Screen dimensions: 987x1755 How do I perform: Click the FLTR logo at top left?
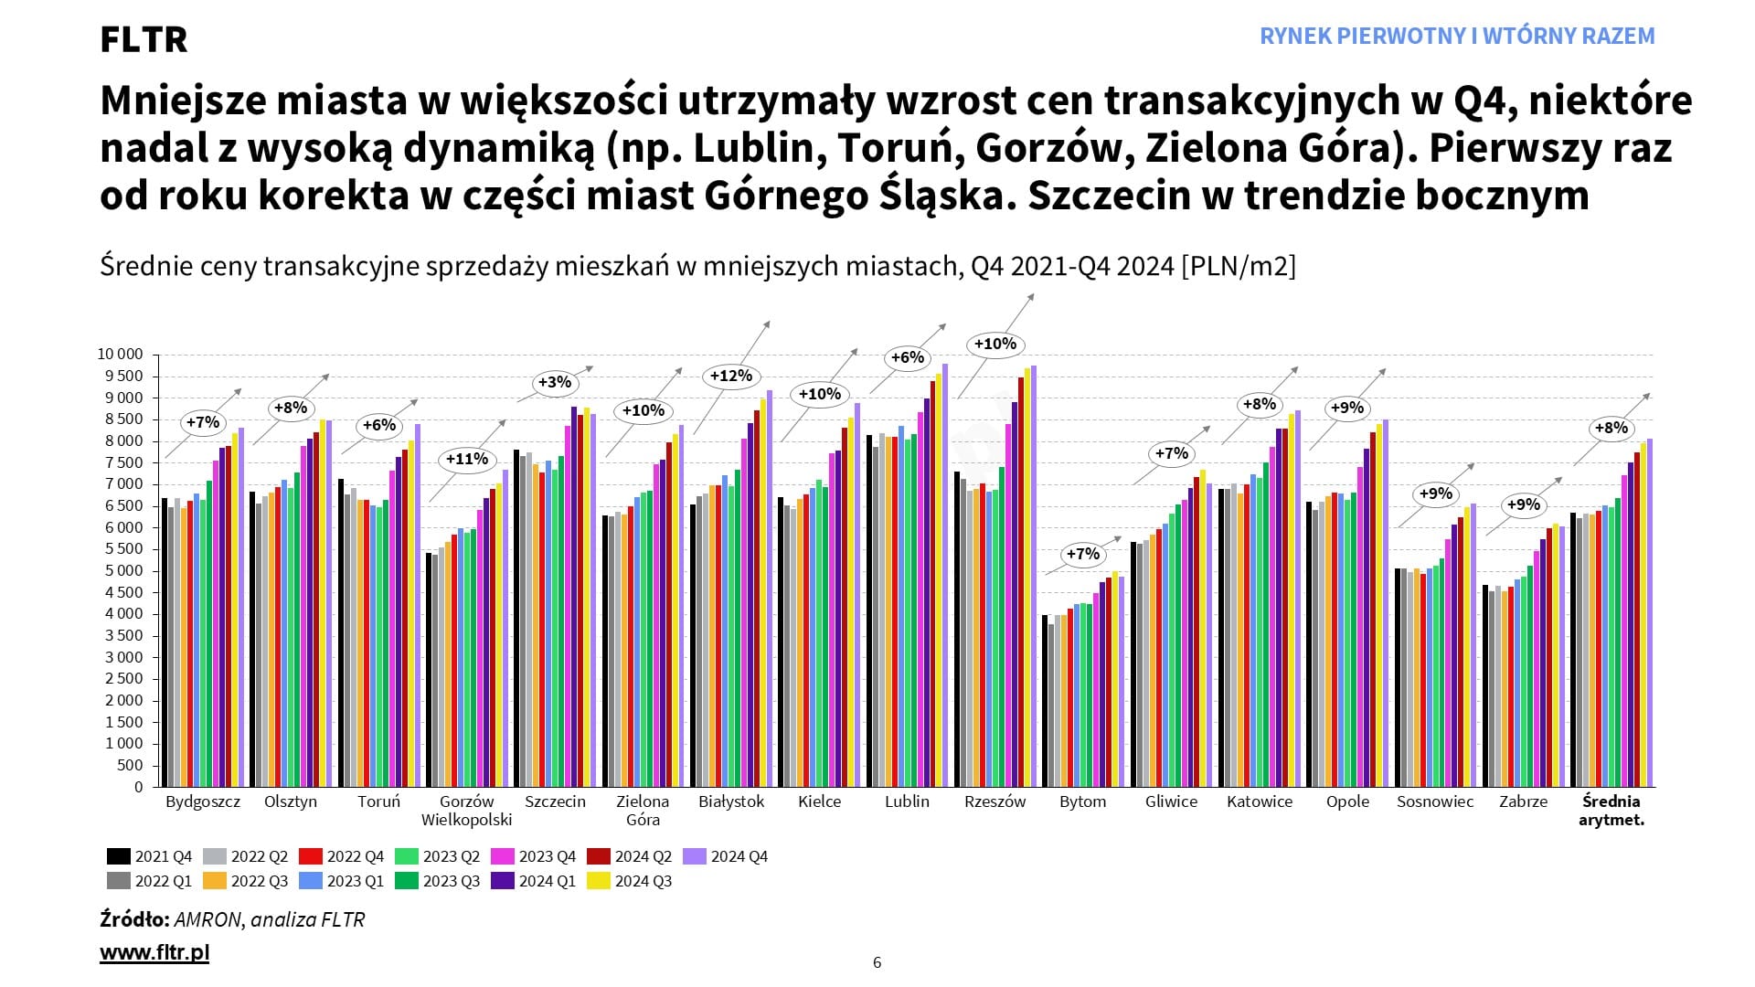[144, 39]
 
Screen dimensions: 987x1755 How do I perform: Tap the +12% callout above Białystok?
[731, 376]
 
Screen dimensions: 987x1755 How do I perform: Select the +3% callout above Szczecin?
[555, 382]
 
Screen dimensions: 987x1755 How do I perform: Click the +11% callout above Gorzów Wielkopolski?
[467, 459]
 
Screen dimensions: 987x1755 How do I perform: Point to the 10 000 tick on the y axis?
[120, 355]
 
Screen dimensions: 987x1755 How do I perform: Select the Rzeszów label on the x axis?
[994, 801]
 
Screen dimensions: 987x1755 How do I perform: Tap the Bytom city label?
[1082, 801]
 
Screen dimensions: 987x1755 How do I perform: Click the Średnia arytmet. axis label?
[1611, 811]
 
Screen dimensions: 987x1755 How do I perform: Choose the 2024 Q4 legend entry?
[728, 856]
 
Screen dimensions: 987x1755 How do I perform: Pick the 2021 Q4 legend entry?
[152, 856]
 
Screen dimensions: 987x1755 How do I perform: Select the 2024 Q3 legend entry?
[632, 881]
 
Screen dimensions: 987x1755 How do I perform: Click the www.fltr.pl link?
[154, 953]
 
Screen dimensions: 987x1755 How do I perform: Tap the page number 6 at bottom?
[877, 962]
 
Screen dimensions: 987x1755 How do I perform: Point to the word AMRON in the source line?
[207, 919]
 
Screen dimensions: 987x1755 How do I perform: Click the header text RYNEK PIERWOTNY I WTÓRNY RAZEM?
[1457, 37]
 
